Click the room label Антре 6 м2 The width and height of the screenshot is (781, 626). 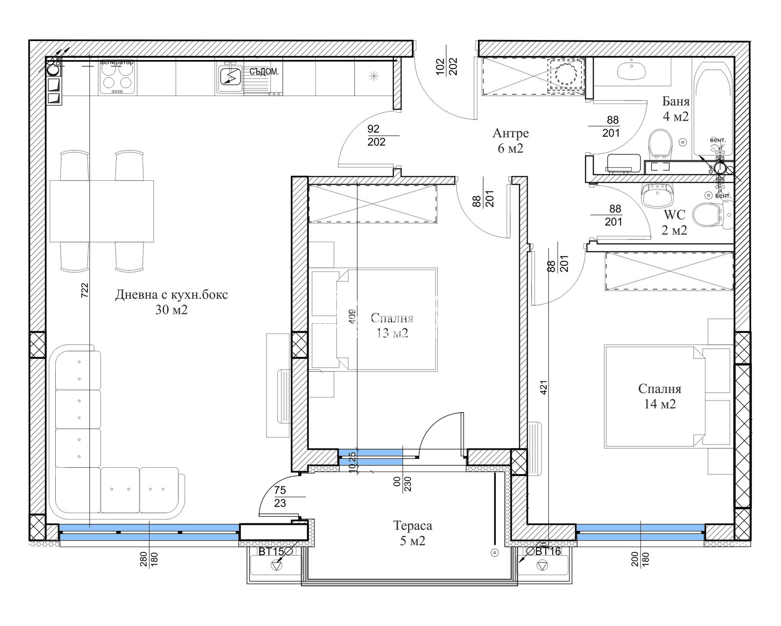pyautogui.click(x=510, y=141)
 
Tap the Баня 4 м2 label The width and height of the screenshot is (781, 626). pyautogui.click(x=676, y=109)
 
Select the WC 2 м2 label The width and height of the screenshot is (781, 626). pyautogui.click(x=674, y=223)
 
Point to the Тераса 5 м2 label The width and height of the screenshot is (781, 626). pyautogui.click(x=412, y=533)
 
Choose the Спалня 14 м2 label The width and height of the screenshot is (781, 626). pyautogui.click(x=659, y=396)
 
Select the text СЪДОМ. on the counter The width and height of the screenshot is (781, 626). pyautogui.click(x=264, y=72)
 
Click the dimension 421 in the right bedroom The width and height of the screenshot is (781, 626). pyautogui.click(x=544, y=387)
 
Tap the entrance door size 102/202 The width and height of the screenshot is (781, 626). pyautogui.click(x=446, y=66)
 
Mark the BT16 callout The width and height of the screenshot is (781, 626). pyautogui.click(x=548, y=551)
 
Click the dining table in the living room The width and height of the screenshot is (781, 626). pyautogui.click(x=102, y=210)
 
